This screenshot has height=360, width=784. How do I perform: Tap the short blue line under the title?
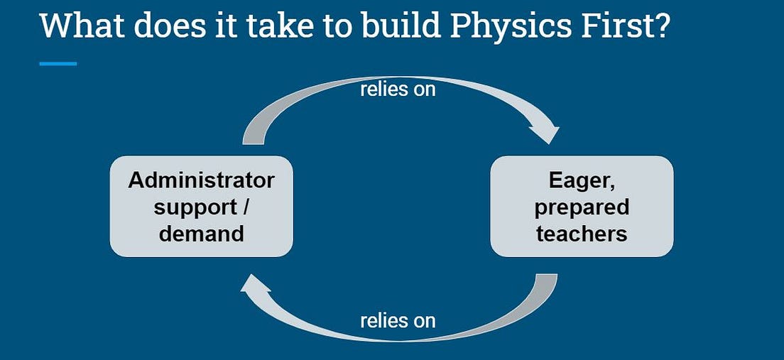coord(58,64)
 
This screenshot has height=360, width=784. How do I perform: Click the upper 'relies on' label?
coord(398,89)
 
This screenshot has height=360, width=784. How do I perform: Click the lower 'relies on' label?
coord(398,320)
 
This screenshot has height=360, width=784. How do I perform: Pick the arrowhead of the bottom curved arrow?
coord(255,285)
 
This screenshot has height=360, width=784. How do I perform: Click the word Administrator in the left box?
coord(201,180)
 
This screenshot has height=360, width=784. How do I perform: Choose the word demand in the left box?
coord(201,233)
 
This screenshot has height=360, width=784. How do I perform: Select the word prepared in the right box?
coord(582,207)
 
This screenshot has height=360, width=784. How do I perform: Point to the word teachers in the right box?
coord(582,233)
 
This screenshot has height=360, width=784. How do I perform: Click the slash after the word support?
coord(246,207)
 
